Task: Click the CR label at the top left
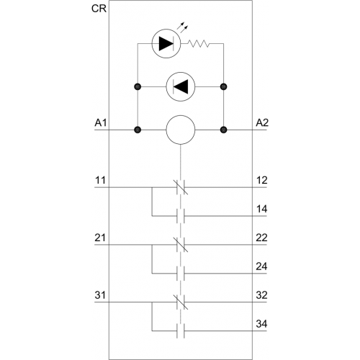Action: (x=99, y=9)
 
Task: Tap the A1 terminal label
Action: (x=101, y=123)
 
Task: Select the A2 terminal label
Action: (x=262, y=123)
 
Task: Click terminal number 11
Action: (x=100, y=180)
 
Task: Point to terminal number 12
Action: (x=261, y=180)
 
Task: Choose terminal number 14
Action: (x=261, y=209)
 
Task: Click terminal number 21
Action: (x=100, y=238)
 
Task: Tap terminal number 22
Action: (x=261, y=238)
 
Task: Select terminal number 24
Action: (x=261, y=266)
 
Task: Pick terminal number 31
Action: (x=100, y=295)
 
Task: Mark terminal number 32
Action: (x=261, y=295)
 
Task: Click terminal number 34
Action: (x=261, y=324)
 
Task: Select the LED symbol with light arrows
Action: (x=166, y=43)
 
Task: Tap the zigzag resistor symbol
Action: (x=199, y=43)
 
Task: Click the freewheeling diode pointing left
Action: (x=181, y=86)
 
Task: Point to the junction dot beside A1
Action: (x=138, y=130)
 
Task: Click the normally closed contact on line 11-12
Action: (x=181, y=187)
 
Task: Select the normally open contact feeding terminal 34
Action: (x=181, y=331)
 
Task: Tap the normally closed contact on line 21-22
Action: (x=181, y=245)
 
